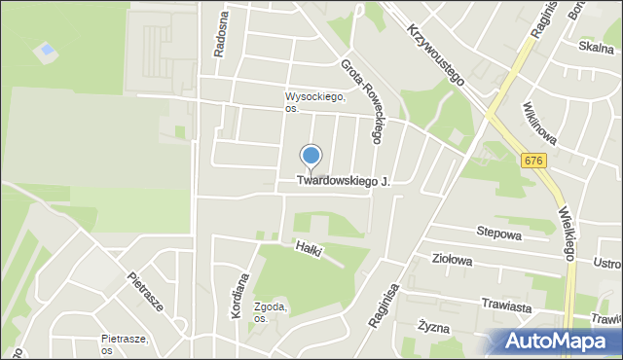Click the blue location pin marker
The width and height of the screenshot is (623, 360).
(x=311, y=157)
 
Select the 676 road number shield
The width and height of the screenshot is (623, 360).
(x=531, y=162)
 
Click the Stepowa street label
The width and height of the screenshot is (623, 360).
(x=498, y=234)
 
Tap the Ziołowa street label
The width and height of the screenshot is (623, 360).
(x=452, y=260)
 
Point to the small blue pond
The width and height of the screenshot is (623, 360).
(x=44, y=49)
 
